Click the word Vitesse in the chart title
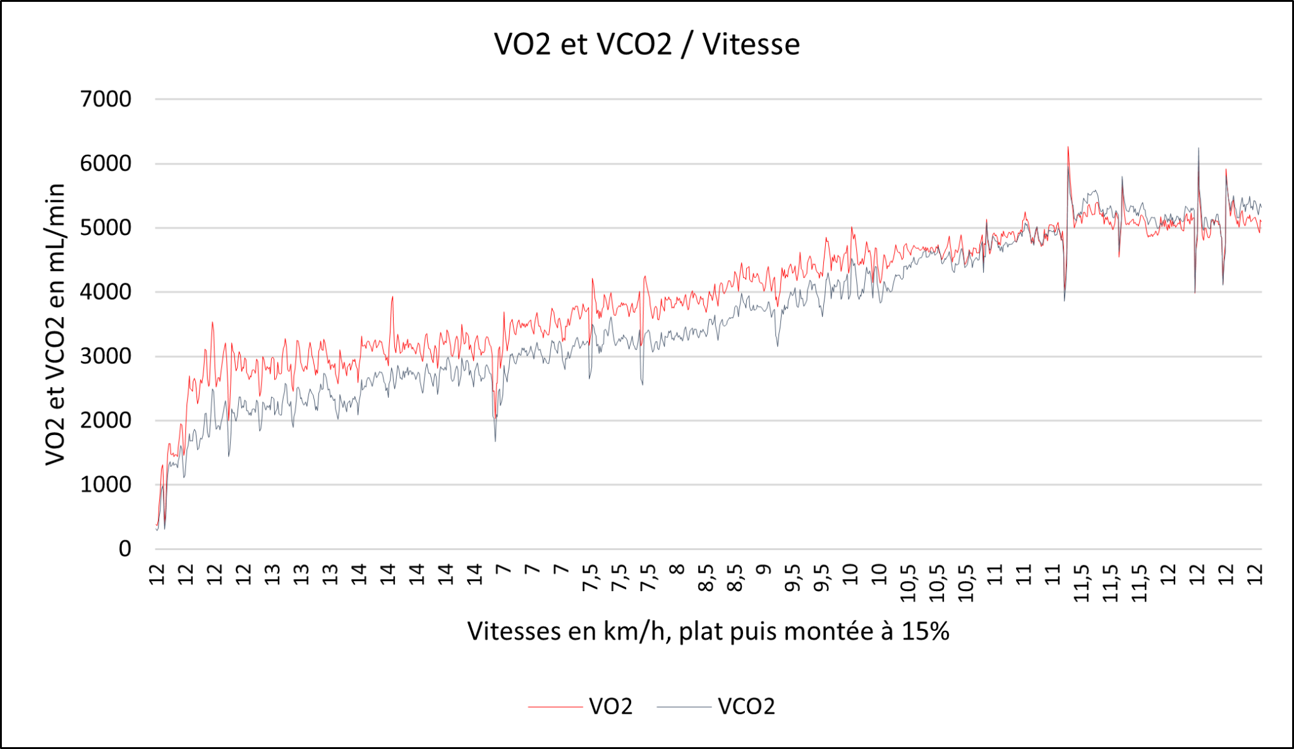(751, 44)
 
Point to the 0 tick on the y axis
(124, 549)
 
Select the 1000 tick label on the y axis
(106, 485)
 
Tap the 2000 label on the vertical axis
(106, 421)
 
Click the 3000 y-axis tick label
(106, 356)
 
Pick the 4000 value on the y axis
(106, 292)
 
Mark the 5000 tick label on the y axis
(106, 228)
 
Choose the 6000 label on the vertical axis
(106, 164)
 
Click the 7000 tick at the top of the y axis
(106, 99)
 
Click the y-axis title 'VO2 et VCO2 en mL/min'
(56, 324)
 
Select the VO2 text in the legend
(610, 706)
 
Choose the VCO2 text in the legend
(746, 706)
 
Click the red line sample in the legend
(555, 707)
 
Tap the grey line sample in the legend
(684, 707)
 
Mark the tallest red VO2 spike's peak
(1068, 147)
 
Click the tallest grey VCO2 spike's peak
(1199, 148)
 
